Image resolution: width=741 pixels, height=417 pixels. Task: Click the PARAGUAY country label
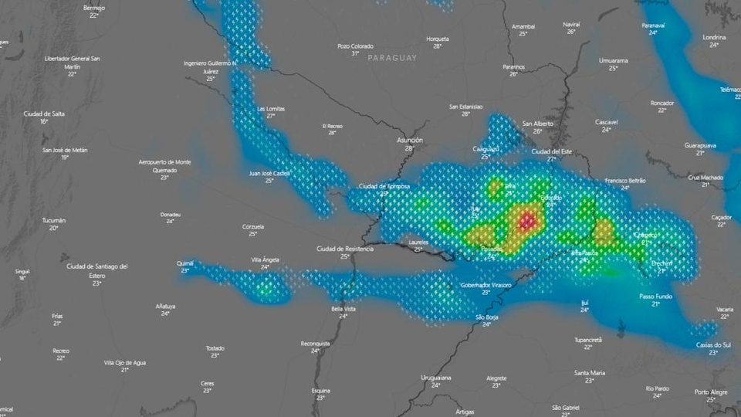pos(392,58)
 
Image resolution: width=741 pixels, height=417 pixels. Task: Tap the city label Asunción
pos(409,140)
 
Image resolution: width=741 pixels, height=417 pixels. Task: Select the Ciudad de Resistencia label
pos(345,249)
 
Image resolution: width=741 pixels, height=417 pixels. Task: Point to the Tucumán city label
pos(54,220)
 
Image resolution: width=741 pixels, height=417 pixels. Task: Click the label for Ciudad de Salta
pos(44,114)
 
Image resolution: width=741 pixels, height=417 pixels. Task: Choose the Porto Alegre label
pos(710,392)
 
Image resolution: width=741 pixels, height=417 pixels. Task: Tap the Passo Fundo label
pos(655,296)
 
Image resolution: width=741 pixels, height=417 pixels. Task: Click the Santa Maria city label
pos(589,372)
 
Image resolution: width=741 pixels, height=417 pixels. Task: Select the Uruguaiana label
pos(436,377)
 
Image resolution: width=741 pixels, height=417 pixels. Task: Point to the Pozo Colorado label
pos(355,46)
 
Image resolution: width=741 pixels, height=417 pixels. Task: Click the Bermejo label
pos(94,8)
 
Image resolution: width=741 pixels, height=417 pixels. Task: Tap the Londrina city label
pos(714,37)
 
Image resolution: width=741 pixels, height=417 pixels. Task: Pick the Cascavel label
pos(606,122)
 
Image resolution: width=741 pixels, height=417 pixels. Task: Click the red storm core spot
pos(527,222)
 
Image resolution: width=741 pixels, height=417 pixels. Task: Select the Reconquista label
pos(315,343)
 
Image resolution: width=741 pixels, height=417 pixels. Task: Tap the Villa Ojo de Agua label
pos(124,361)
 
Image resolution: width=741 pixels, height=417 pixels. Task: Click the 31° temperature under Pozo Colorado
pos(355,53)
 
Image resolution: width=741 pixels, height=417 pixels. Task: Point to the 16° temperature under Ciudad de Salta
pos(44,121)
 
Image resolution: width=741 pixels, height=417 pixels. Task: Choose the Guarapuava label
pos(700,145)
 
